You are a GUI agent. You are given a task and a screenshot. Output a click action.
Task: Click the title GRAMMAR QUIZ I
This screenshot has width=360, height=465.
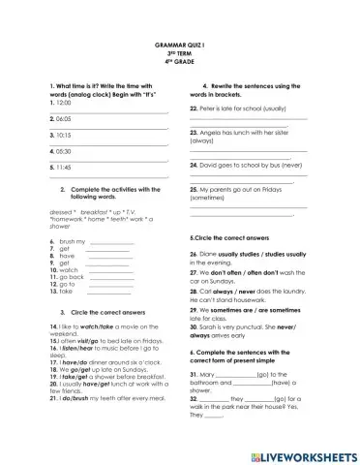180,46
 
